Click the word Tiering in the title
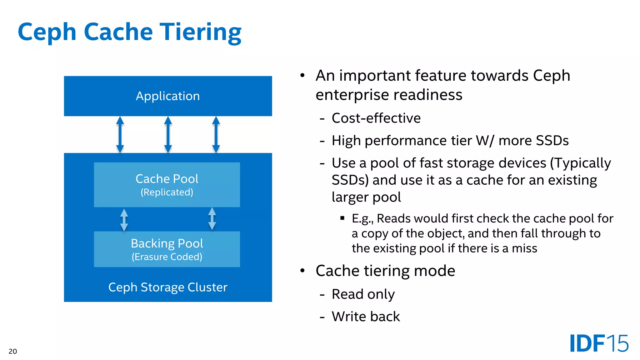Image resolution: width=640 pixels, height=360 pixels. coord(201,32)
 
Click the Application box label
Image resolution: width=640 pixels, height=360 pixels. coord(168,96)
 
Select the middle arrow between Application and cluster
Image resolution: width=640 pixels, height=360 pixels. coord(168,135)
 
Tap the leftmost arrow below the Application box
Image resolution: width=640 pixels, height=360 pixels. coord(120,135)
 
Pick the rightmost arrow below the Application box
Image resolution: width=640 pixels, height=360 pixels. coord(216,135)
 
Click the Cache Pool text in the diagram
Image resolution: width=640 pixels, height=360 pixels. coord(167,179)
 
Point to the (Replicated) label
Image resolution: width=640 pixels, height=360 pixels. coord(167,192)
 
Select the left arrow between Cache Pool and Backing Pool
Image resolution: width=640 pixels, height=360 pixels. coord(124,220)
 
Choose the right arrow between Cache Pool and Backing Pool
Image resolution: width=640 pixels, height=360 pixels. coord(212,219)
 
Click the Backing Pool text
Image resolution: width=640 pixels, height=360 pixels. coord(167,243)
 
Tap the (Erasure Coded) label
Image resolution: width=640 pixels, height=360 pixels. coord(167,257)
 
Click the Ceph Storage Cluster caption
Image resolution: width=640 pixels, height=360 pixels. coord(168,287)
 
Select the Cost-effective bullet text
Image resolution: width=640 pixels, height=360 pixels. coord(376,118)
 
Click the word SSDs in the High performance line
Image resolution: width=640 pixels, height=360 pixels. coord(551,141)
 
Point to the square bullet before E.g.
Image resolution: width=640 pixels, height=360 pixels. coord(342,218)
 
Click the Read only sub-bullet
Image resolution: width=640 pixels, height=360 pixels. coord(363,294)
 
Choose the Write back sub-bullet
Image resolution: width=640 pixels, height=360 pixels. coord(366,317)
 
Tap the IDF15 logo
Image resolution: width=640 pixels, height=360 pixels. coord(599,343)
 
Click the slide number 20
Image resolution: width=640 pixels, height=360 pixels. coord(13,351)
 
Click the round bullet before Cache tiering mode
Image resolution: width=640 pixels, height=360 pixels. coord(302,270)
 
